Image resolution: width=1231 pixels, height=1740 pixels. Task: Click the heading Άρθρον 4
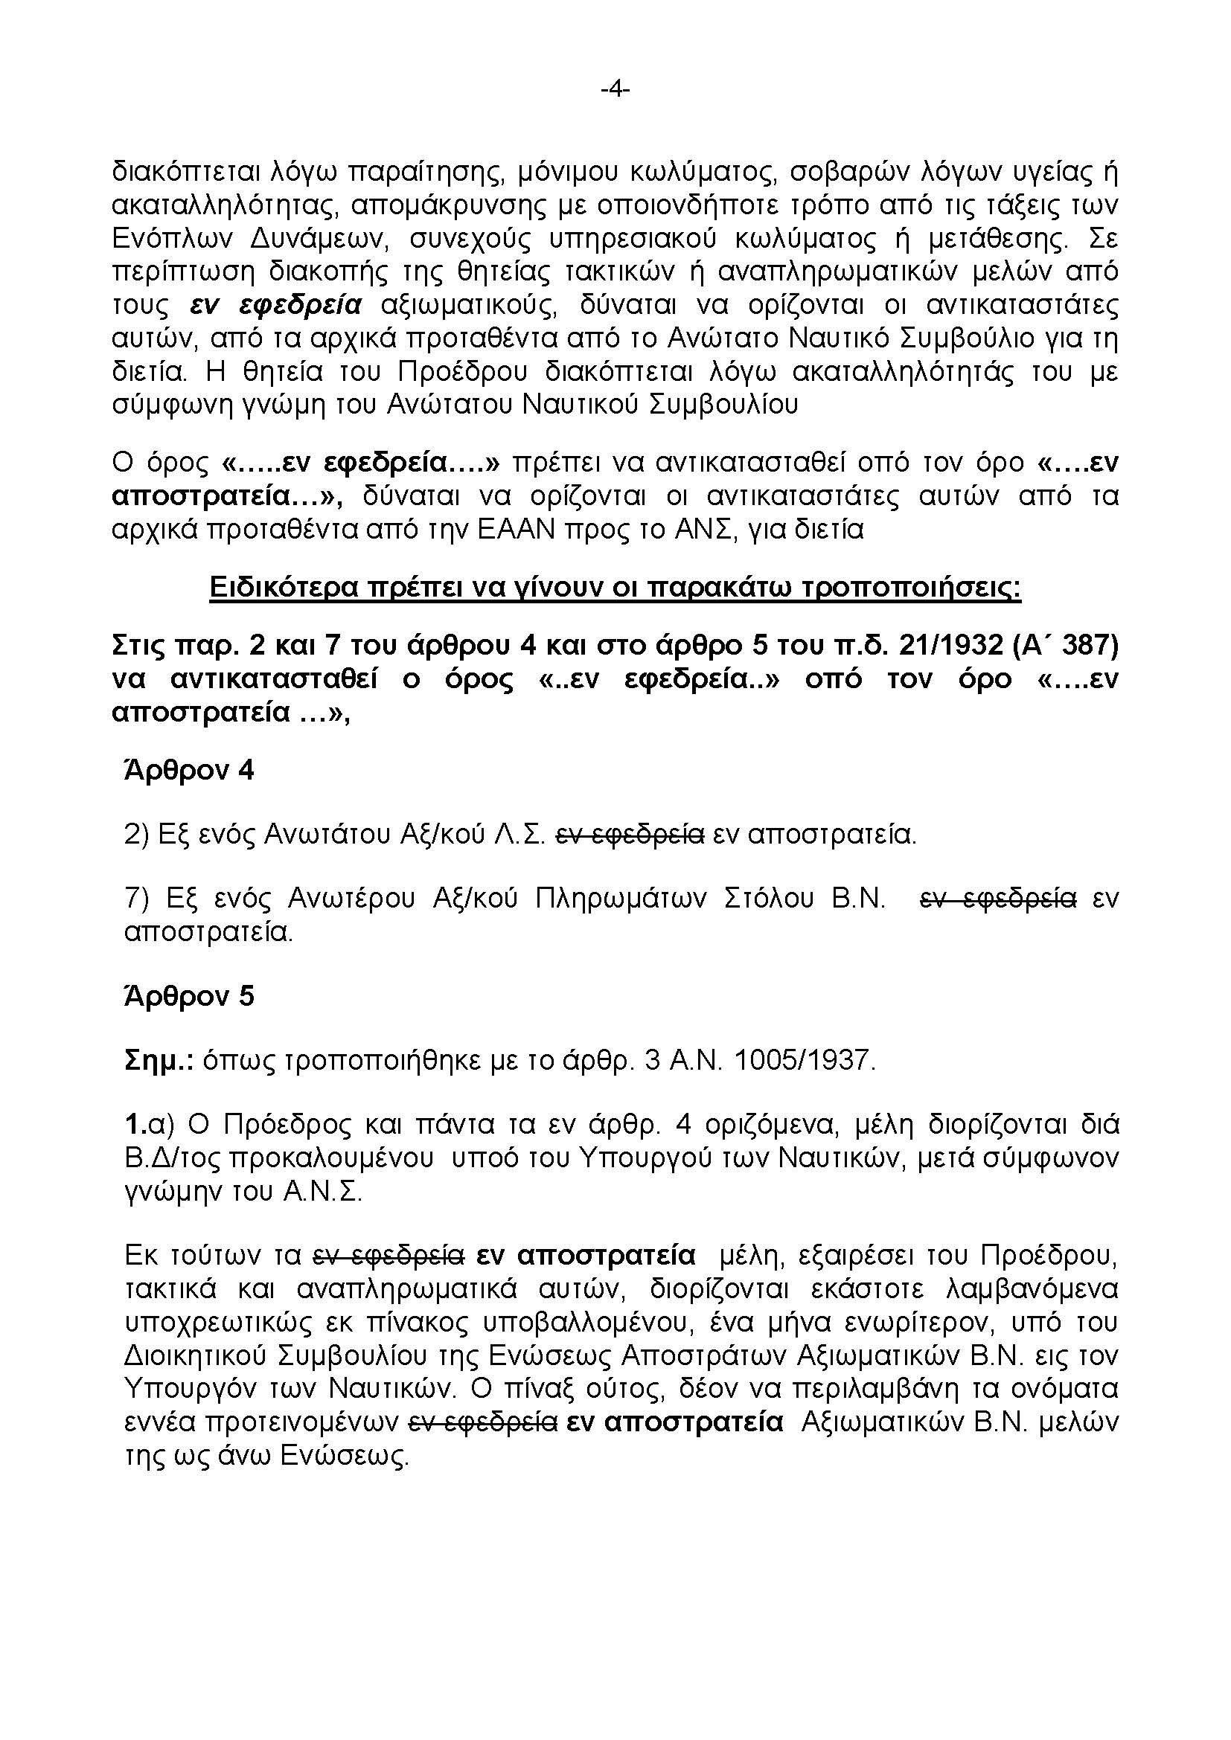click(189, 771)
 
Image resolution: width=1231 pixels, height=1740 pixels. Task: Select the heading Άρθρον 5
click(189, 996)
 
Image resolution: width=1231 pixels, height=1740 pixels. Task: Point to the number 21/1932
click(950, 646)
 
